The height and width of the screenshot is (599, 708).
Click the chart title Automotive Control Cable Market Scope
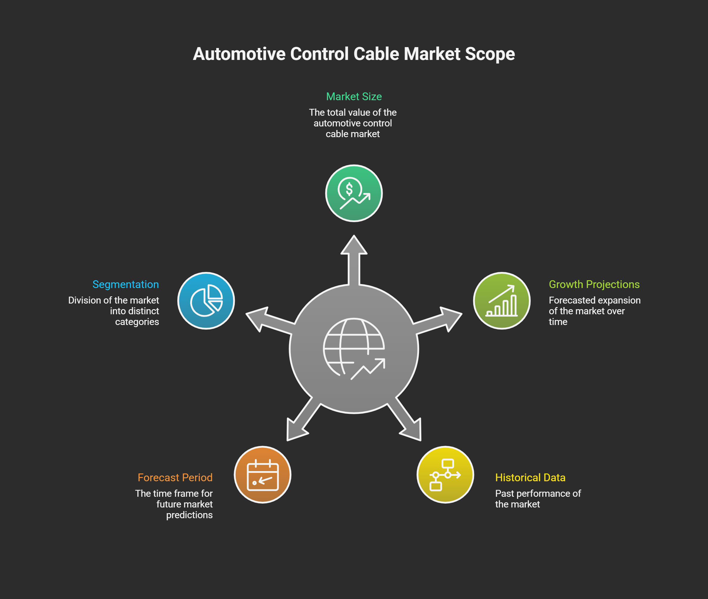pyautogui.click(x=354, y=54)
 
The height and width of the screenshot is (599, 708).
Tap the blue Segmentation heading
pyautogui.click(x=125, y=284)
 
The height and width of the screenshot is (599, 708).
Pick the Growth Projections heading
pyautogui.click(x=594, y=284)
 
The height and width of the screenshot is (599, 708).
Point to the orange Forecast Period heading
pyautogui.click(x=175, y=477)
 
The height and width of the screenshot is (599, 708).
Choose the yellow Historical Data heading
pyautogui.click(x=530, y=477)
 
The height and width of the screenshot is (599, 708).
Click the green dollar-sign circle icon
pyautogui.click(x=354, y=193)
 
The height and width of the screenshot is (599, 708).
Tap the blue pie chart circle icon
pyautogui.click(x=206, y=301)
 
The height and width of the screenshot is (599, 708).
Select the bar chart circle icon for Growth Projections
pyautogui.click(x=501, y=301)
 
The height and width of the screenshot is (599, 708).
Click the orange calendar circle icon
pyautogui.click(x=262, y=474)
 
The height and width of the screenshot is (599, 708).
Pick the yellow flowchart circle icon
pyautogui.click(x=445, y=474)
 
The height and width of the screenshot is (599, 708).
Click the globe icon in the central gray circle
pyautogui.click(x=354, y=348)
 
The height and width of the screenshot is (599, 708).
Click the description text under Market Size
pyautogui.click(x=353, y=123)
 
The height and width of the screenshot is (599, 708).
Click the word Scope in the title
pyautogui.click(x=490, y=54)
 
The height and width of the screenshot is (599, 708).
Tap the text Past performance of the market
pyautogui.click(x=538, y=499)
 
